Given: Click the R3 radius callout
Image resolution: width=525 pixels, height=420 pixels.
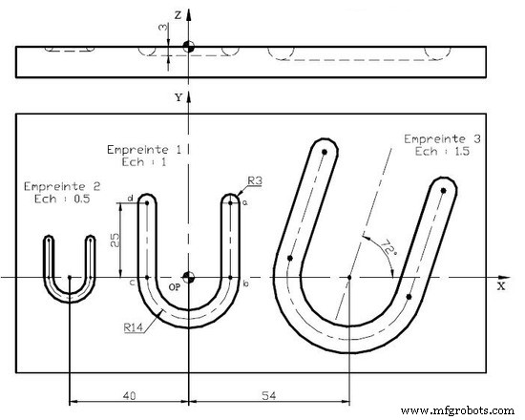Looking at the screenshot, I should click(x=255, y=179).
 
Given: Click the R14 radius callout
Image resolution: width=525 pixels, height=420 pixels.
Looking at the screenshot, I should click(x=134, y=327).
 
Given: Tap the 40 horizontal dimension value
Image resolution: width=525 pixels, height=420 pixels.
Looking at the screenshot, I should click(x=130, y=393).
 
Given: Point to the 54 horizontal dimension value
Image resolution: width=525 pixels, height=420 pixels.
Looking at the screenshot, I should click(x=269, y=393).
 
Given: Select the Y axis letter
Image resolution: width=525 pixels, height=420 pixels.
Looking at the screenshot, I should click(x=178, y=98).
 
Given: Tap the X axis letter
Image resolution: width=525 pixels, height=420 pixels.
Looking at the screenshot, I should click(x=501, y=285).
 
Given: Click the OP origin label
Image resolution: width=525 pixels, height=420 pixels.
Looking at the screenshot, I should click(x=175, y=286).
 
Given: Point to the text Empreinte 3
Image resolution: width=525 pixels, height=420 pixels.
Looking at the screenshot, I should click(x=442, y=138).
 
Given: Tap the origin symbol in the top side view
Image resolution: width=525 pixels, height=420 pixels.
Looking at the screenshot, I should click(x=189, y=46).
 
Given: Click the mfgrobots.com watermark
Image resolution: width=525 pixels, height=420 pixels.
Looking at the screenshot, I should click(x=458, y=410).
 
